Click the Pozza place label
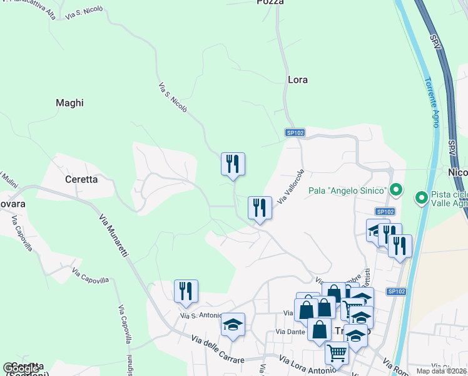(x=270, y=3)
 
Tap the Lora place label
(x=298, y=80)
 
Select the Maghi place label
(x=69, y=103)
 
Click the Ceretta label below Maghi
(x=81, y=179)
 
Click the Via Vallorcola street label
(x=291, y=187)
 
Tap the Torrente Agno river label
(x=432, y=103)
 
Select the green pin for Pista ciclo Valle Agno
(x=422, y=199)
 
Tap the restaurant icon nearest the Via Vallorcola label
(x=260, y=208)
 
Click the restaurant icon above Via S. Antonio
(x=186, y=291)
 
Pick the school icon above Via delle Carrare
(x=233, y=325)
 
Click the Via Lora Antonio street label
(x=305, y=366)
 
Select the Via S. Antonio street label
(x=202, y=315)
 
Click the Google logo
(x=21, y=368)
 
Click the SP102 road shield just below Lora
(x=295, y=133)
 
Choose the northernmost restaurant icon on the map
(x=233, y=164)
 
